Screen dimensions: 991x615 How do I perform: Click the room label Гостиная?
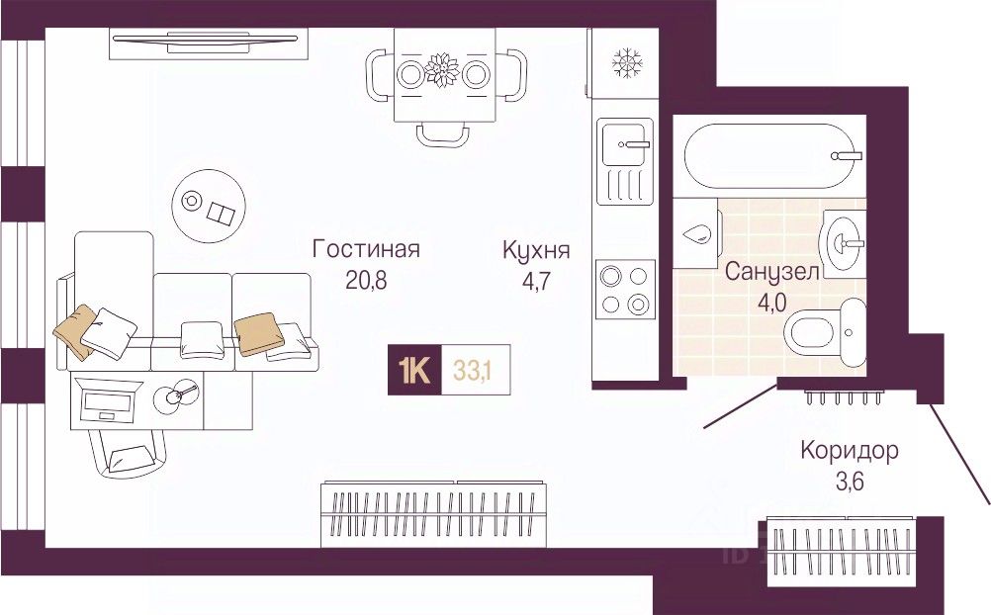(x=366, y=249)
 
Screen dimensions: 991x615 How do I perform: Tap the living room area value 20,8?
(x=366, y=280)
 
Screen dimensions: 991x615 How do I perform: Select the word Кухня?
(x=536, y=249)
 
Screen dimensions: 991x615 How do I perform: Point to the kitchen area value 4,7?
(x=535, y=280)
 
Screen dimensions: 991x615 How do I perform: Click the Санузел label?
(x=772, y=272)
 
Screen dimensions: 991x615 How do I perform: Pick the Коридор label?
(x=850, y=452)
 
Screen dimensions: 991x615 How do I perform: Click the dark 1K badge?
(x=414, y=371)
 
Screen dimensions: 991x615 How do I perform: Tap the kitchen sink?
(x=625, y=146)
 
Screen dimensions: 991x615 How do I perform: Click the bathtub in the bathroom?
(x=771, y=155)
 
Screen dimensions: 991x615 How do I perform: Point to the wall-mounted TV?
(x=205, y=41)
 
